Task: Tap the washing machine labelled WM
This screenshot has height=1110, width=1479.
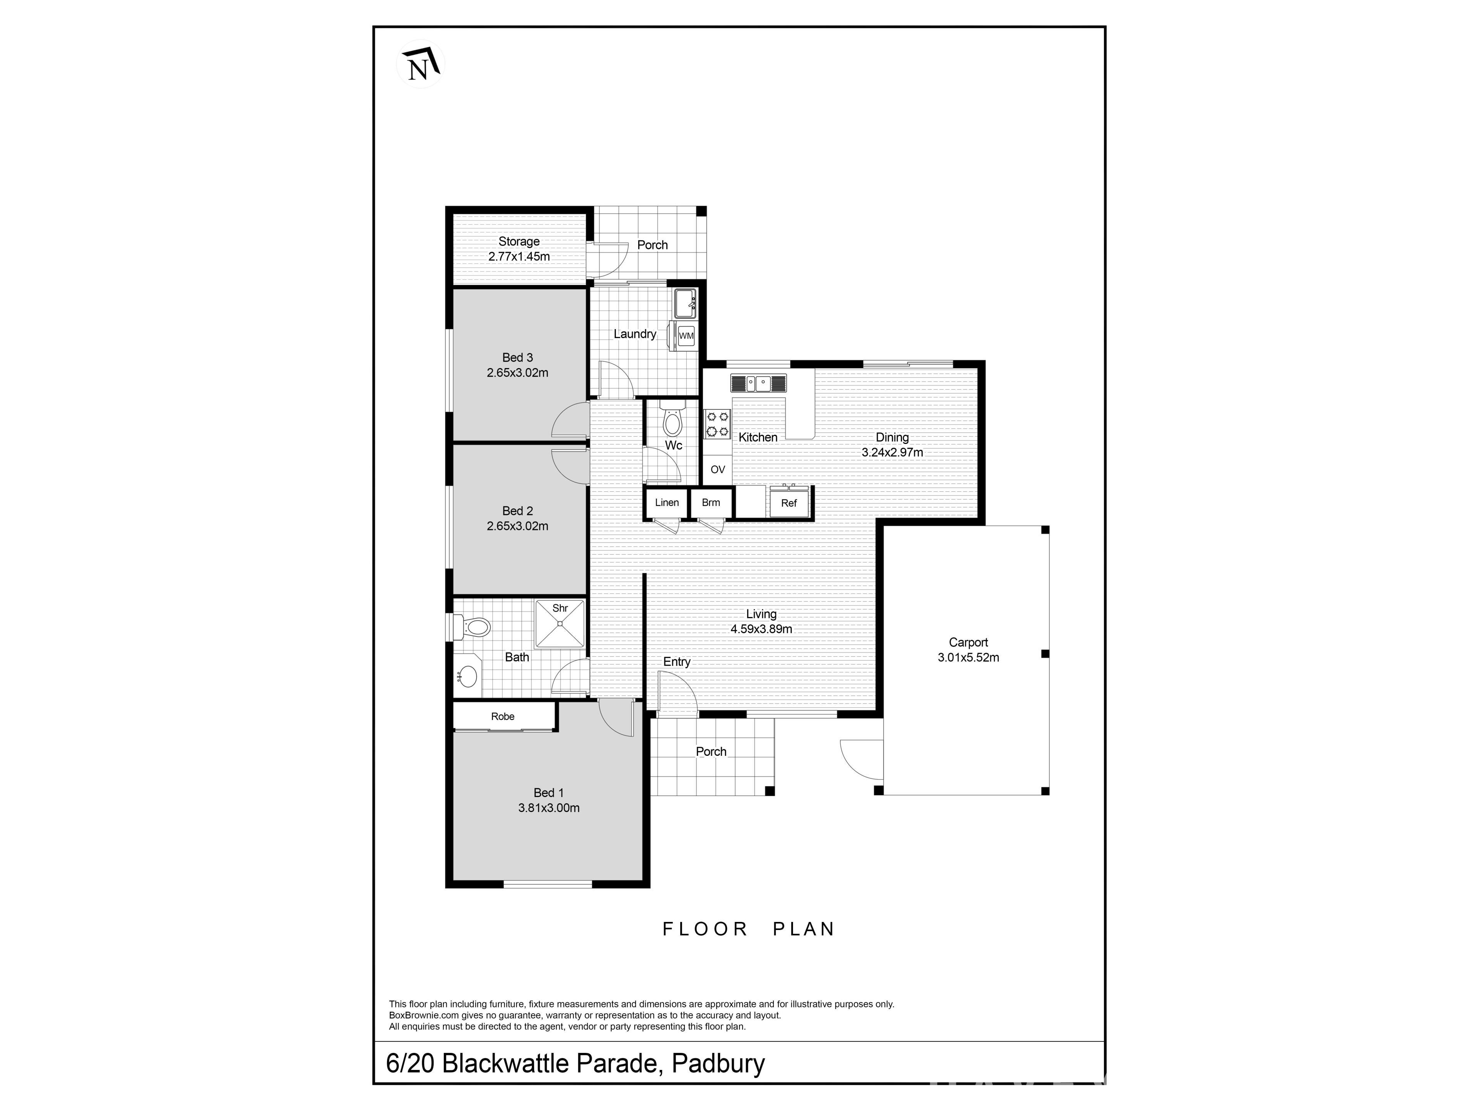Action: (x=686, y=335)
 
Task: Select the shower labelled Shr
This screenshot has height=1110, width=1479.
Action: (x=560, y=624)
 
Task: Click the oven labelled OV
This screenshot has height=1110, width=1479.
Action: (x=718, y=469)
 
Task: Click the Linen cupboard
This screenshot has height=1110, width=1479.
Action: (x=667, y=503)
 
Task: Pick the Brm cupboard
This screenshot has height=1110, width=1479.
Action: (x=711, y=503)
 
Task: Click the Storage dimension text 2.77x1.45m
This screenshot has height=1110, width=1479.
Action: (x=519, y=256)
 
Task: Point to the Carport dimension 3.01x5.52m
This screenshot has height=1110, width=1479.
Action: (x=968, y=657)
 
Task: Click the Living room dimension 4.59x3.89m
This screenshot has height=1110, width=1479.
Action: (x=761, y=629)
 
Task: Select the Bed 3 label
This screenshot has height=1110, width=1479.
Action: (x=518, y=357)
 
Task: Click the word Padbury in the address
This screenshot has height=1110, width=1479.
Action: (x=718, y=1063)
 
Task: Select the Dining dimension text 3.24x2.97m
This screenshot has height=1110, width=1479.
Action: (x=892, y=452)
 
